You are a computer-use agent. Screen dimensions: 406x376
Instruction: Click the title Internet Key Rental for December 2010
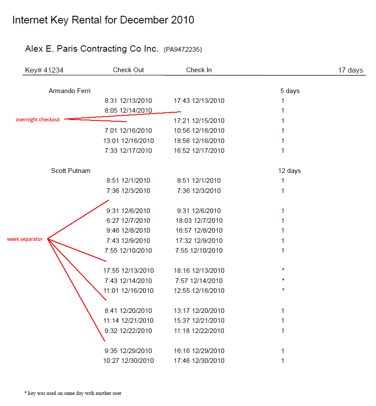(103, 20)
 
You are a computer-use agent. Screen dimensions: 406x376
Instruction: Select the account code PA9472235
(182, 50)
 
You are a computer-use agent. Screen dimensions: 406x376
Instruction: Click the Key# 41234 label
(44, 70)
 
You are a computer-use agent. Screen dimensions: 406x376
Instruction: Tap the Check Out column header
(128, 70)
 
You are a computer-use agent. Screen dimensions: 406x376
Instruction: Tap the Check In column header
(199, 70)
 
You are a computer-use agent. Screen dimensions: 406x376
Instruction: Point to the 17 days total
(350, 70)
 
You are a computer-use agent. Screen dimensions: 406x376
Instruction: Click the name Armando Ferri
(70, 91)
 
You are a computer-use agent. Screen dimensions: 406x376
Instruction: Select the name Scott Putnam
(70, 171)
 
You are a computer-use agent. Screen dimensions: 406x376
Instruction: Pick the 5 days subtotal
(290, 91)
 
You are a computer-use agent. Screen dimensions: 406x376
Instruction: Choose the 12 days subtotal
(289, 171)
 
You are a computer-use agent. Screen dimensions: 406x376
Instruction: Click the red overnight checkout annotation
(38, 120)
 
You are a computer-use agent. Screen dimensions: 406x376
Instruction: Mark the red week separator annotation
(25, 240)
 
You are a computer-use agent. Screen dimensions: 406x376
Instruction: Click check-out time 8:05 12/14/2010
(128, 111)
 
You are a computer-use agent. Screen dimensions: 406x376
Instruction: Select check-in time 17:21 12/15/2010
(199, 121)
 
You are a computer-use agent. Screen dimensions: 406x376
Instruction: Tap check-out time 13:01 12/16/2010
(128, 141)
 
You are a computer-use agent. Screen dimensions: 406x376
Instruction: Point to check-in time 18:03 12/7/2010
(199, 221)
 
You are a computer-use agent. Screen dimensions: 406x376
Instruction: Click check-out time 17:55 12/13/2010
(128, 271)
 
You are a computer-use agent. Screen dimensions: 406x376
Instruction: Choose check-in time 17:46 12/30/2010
(199, 361)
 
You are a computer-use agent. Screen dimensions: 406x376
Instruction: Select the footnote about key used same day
(73, 393)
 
